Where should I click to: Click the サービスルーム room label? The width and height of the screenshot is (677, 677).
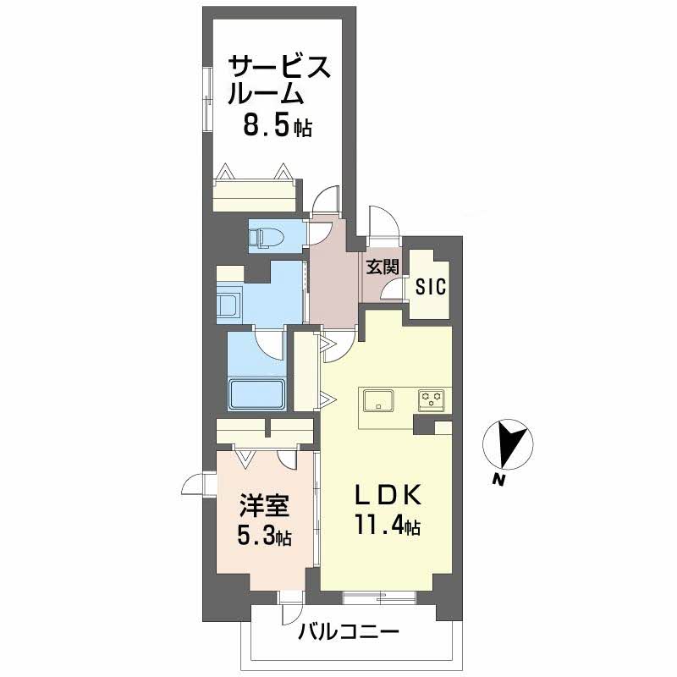[278, 80]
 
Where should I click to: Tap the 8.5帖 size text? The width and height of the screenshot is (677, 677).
[278, 127]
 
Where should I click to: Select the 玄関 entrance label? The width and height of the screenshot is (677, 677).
[382, 267]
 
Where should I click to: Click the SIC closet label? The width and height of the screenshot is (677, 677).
[431, 287]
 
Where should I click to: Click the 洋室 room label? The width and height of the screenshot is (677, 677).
[265, 506]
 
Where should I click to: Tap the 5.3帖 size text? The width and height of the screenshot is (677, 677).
[265, 537]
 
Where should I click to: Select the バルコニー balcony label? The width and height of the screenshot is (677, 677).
[348, 632]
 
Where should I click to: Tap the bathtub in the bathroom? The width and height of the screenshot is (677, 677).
[257, 394]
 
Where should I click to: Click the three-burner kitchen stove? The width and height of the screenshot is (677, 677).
[432, 399]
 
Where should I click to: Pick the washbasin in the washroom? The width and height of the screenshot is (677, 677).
[230, 303]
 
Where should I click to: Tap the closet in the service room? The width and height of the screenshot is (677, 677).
[255, 194]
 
